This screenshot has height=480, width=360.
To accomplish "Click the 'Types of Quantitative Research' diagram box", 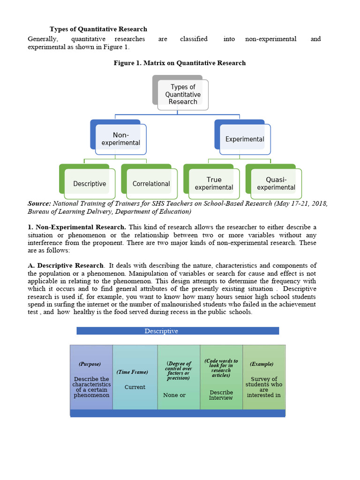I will pos(183,94).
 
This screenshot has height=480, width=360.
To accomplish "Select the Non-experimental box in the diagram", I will pos(120,139).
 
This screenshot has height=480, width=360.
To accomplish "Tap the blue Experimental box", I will pos(245,139).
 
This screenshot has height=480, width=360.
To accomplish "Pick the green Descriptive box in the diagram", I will pos(89,184).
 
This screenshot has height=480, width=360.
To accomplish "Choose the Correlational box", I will pos(151,184).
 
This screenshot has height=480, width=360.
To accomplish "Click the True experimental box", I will pos(214,183).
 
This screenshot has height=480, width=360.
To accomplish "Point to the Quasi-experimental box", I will pos(276,183).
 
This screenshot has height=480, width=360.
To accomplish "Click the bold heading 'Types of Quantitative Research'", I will pos(98,29).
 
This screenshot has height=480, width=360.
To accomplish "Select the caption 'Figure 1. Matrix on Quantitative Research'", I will pos(180,63).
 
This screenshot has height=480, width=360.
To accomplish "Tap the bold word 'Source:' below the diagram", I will pos(39,203).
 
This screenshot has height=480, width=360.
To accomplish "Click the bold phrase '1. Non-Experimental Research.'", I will pos(77,227).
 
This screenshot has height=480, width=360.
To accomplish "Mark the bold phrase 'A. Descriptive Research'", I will pos(66,266).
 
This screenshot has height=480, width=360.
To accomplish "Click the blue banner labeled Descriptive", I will pos(178,331).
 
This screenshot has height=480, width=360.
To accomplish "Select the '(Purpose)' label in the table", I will pos(89,364).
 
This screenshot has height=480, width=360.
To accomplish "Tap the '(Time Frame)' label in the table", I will pos(132,372).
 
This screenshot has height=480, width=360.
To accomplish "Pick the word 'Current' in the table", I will pos(135,387).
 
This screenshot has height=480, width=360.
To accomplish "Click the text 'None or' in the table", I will pos(174,395).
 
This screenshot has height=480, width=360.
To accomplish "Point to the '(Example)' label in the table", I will pos(262,364).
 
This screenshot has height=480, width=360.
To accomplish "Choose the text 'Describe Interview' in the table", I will pos(221,395).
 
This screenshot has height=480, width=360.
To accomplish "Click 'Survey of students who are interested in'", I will pos(264,387).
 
